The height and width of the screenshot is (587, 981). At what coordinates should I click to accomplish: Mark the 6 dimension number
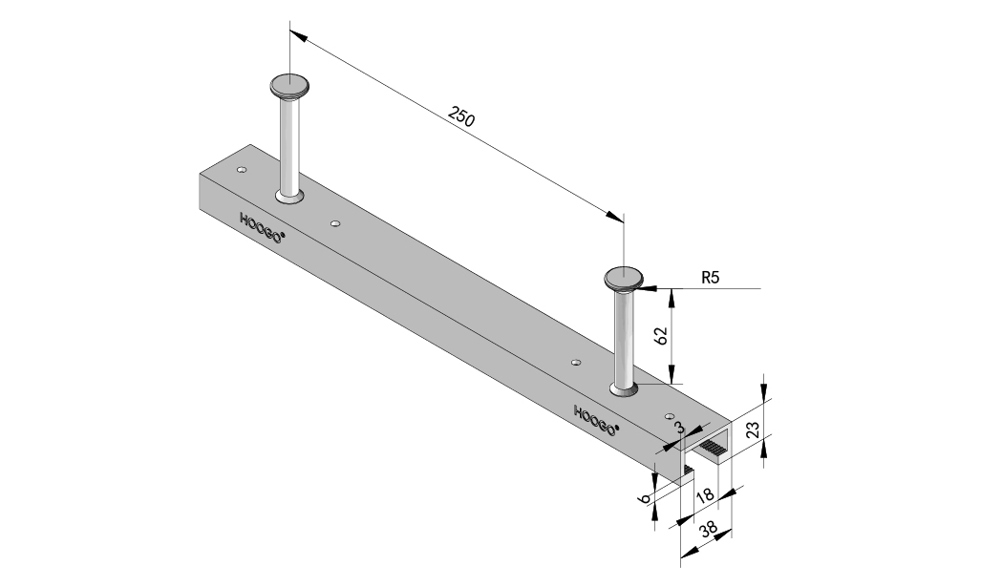pyautogui.click(x=646, y=498)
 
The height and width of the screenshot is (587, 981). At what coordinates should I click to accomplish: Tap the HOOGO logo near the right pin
pyautogui.click(x=595, y=419)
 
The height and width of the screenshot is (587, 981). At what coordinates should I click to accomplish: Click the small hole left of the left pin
pyautogui.click(x=242, y=170)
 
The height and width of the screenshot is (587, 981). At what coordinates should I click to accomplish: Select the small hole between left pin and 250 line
pyautogui.click(x=334, y=223)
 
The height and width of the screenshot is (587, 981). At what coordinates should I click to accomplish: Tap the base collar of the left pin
pyautogui.click(x=288, y=197)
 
